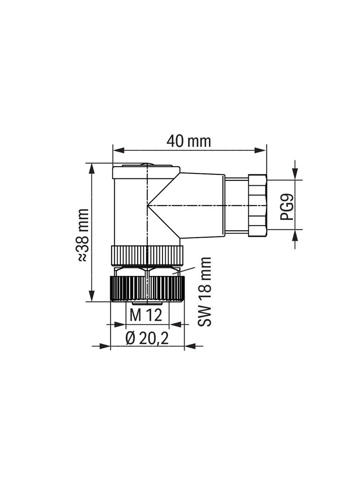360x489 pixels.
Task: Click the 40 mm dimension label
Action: tap(189, 141)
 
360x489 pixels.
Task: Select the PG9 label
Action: tap(287, 207)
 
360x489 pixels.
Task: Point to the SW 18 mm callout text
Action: tap(204, 292)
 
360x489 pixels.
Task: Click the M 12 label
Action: tap(146, 315)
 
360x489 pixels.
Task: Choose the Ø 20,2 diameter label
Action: tap(147, 338)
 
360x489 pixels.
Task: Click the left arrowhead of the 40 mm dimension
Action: tap(118, 150)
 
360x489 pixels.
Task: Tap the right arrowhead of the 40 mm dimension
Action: tap(261, 150)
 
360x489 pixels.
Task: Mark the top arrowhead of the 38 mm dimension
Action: tap(91, 169)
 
